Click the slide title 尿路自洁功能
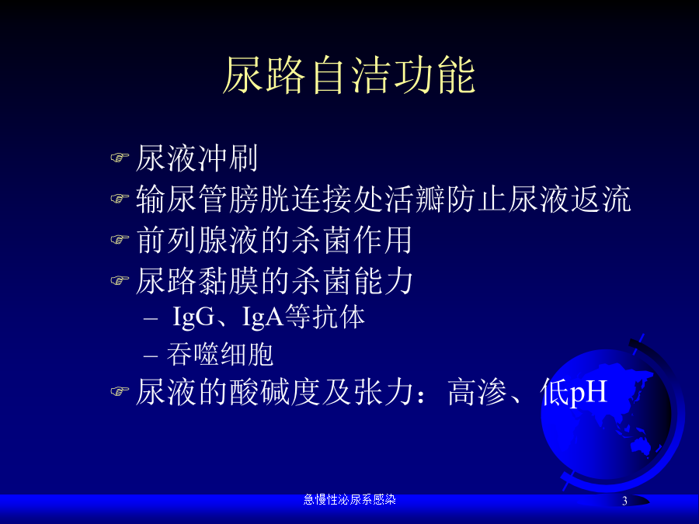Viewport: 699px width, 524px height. (x=349, y=75)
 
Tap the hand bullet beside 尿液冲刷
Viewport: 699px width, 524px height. (x=120, y=158)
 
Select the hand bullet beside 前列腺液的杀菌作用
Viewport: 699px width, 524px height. (x=120, y=239)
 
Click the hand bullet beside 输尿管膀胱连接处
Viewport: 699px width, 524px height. (x=120, y=198)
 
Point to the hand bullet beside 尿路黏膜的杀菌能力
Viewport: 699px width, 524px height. (x=120, y=280)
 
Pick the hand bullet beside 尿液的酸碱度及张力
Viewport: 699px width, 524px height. (x=120, y=391)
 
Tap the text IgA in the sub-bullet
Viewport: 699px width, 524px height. (x=263, y=318)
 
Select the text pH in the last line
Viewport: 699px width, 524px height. (x=589, y=393)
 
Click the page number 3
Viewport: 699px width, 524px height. (x=624, y=501)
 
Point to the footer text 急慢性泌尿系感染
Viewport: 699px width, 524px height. (x=349, y=499)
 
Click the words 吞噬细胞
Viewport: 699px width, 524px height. (x=220, y=355)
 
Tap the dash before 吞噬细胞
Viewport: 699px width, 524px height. (x=151, y=356)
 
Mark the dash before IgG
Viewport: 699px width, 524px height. (x=151, y=319)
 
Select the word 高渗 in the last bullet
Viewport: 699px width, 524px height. (x=478, y=392)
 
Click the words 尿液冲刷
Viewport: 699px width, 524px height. (x=196, y=158)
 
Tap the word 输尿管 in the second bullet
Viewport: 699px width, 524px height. (x=182, y=199)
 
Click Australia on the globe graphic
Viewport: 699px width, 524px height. (x=639, y=445)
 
